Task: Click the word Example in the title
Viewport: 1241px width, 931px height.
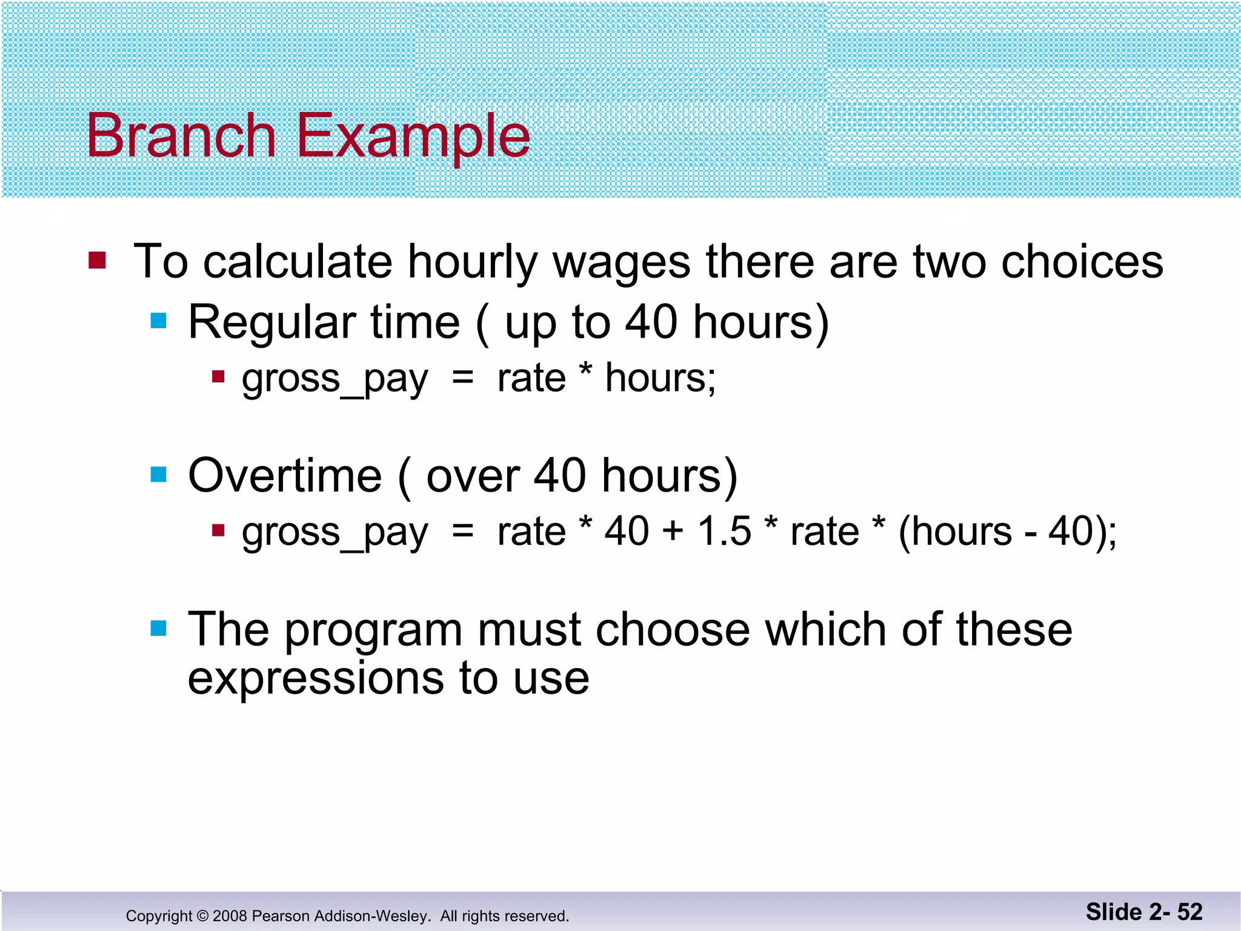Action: click(x=413, y=137)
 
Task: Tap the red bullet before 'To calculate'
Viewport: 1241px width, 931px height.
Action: click(x=97, y=261)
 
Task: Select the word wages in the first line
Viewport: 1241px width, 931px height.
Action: click(x=621, y=263)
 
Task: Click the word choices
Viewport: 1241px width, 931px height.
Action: click(x=1082, y=262)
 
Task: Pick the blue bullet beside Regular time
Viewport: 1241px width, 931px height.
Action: click(x=158, y=321)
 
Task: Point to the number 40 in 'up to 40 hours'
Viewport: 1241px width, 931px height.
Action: click(x=651, y=322)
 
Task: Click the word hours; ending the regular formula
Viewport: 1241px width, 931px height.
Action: click(x=660, y=378)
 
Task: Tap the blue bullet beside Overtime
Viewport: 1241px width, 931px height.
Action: click(x=158, y=474)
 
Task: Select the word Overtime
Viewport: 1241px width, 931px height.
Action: click(x=285, y=476)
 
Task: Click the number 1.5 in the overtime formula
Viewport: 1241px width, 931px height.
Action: click(x=724, y=532)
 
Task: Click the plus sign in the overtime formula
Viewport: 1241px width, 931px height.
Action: click(x=673, y=532)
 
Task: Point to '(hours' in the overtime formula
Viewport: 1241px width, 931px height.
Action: click(x=954, y=532)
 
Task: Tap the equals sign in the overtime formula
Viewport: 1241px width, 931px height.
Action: click(x=462, y=532)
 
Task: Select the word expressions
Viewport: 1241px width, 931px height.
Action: click(x=315, y=679)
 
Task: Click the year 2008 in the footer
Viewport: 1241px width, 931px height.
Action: click(x=230, y=916)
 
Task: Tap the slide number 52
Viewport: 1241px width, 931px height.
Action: click(x=1189, y=912)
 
